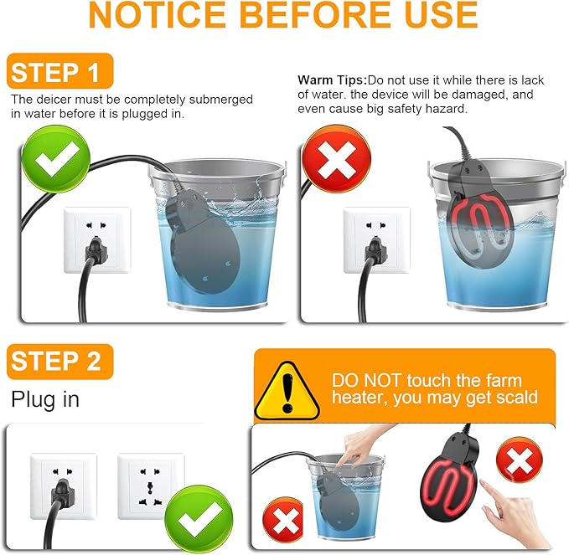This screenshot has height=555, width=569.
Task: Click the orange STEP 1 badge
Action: [x=59, y=71]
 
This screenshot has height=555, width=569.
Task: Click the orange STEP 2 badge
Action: [x=59, y=362]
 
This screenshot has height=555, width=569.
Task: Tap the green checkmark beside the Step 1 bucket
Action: [x=55, y=159]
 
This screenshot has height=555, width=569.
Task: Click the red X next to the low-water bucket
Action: [x=336, y=159]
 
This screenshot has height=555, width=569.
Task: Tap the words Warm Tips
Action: [x=330, y=80]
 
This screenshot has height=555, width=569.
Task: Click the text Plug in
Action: [x=45, y=399]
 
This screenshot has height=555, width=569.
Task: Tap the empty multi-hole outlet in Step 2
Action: [x=151, y=486]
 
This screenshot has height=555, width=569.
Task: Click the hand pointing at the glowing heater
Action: [x=515, y=511]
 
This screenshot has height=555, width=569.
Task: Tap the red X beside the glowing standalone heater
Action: [x=520, y=461]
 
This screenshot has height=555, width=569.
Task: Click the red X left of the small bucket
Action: [x=285, y=521]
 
